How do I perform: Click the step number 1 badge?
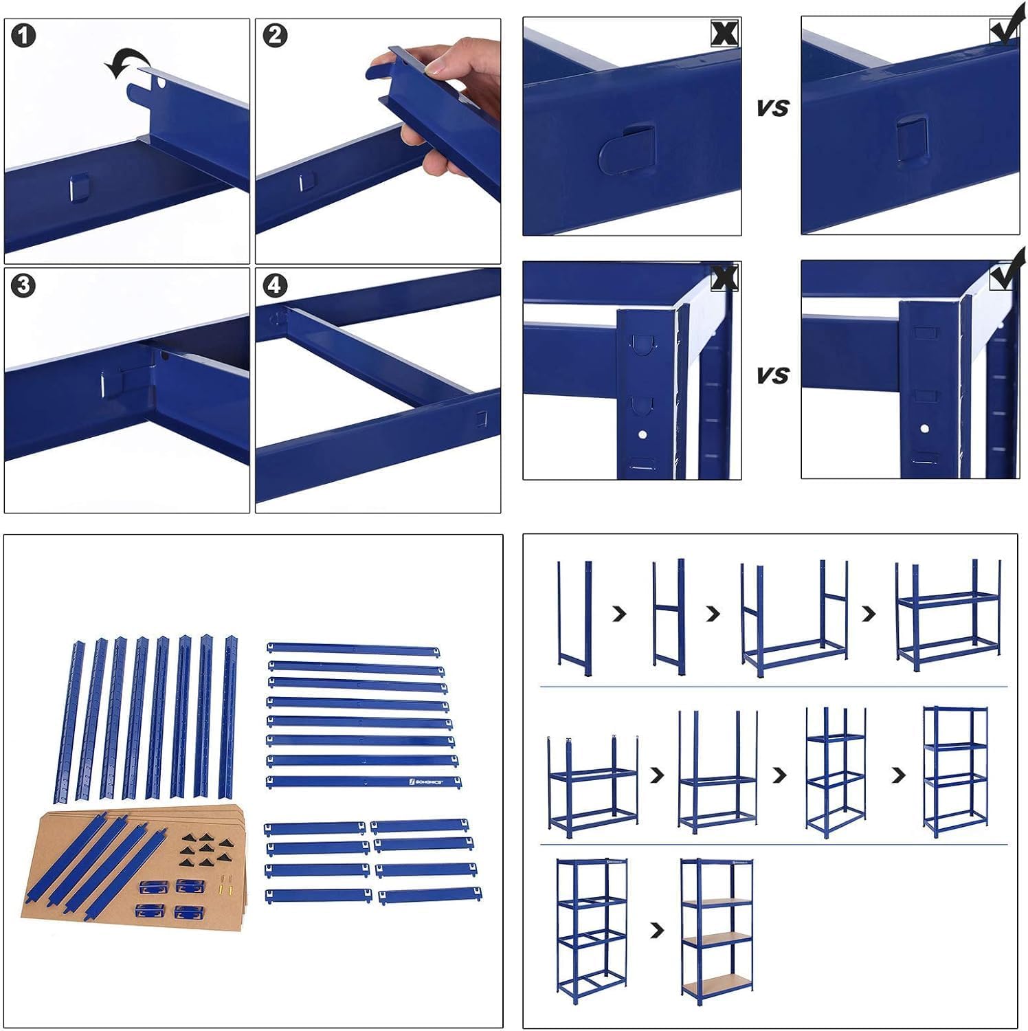coord(23,36)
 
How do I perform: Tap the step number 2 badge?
coord(275,36)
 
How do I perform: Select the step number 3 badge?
coord(23,285)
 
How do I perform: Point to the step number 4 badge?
coord(275,285)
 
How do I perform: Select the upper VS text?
coord(772,109)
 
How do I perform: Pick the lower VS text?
coord(772,376)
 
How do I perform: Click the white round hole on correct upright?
coord(924,429)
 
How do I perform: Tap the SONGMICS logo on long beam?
coord(426,781)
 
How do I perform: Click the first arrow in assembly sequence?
coord(619,614)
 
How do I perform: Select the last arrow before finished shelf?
coord(658,931)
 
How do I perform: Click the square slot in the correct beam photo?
coord(912,137)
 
